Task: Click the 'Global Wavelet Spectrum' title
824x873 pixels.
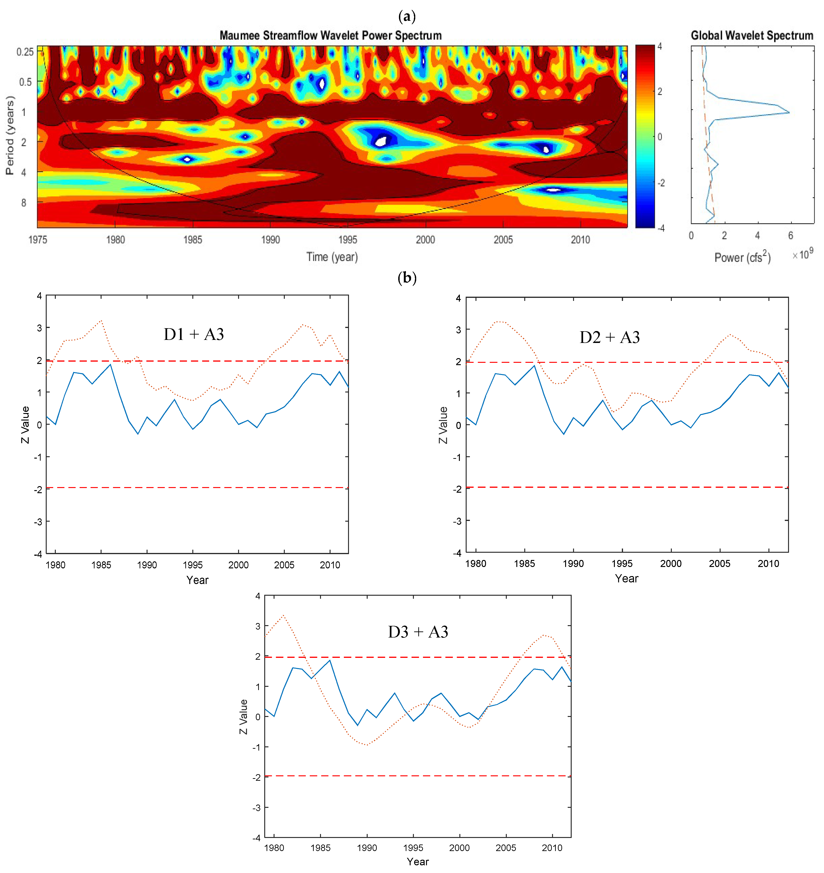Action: (752, 36)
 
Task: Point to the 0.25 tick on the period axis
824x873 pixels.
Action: (25, 52)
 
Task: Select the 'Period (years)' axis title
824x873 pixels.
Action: (10, 135)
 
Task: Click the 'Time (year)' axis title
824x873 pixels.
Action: (332, 257)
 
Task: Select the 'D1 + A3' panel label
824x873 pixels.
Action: (194, 335)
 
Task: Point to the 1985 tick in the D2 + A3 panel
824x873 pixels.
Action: (525, 563)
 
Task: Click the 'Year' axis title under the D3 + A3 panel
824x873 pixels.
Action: (417, 862)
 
